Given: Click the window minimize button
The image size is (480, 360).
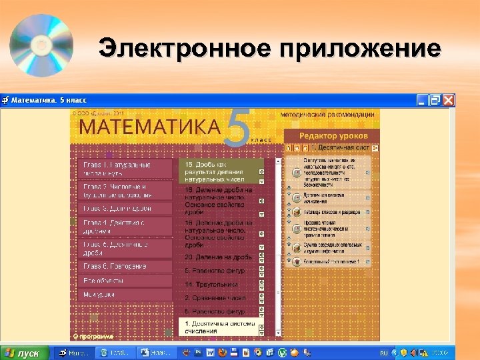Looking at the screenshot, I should click(422, 100).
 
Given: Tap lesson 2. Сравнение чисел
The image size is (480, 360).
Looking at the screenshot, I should click(215, 298).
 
